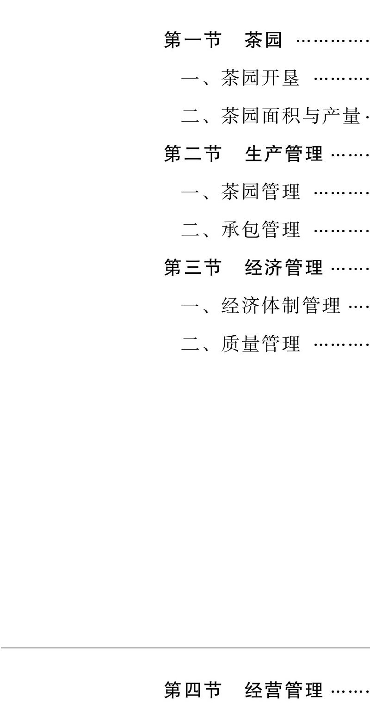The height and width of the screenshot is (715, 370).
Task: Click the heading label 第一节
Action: coord(192,41)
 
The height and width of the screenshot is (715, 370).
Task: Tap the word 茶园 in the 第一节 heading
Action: coord(263,41)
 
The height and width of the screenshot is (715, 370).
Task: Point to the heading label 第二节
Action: coord(192,154)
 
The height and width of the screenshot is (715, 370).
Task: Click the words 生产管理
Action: coord(284,154)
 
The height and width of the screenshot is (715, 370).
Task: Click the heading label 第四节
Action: coord(192,690)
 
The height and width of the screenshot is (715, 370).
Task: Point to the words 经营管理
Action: coord(284,690)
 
